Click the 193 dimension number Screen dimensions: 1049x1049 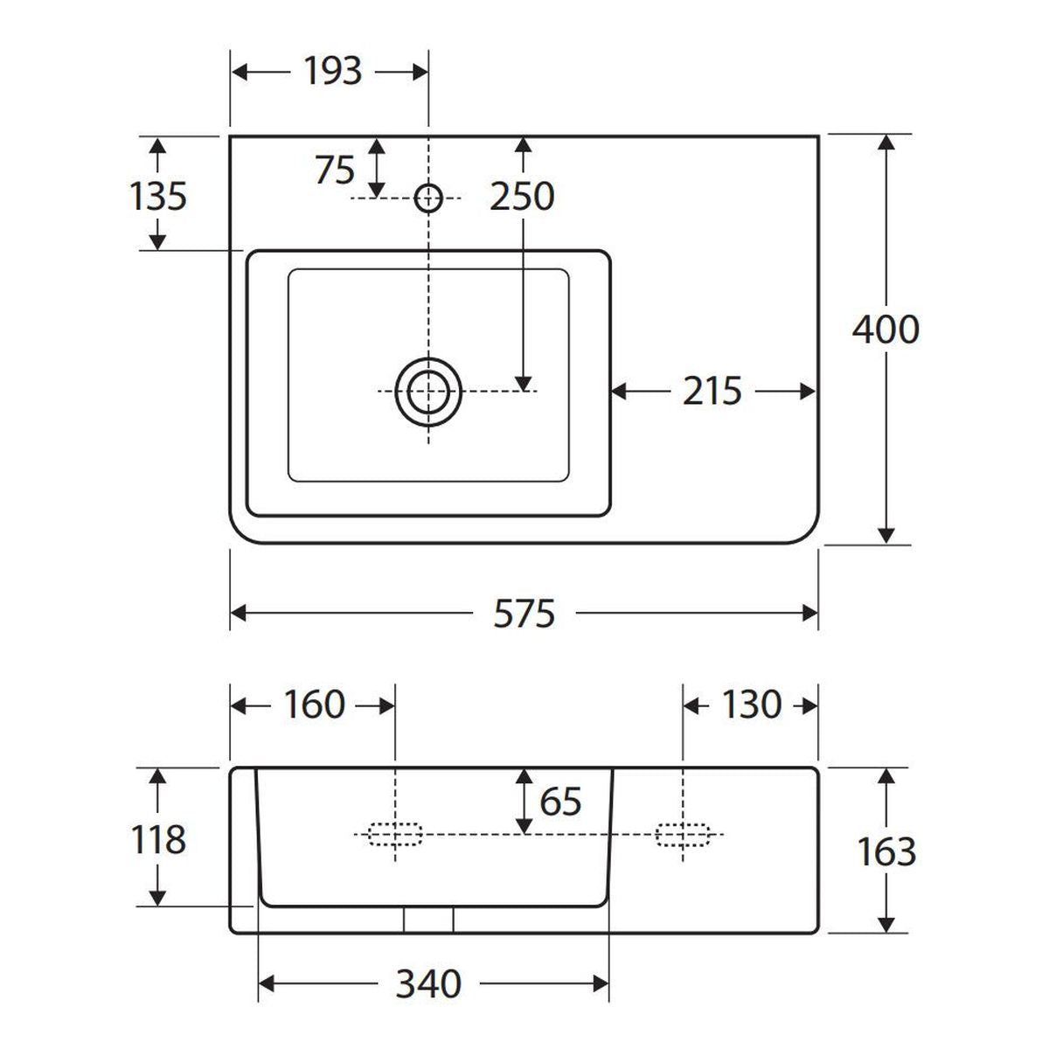click(332, 72)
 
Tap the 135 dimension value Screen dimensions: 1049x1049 click(158, 196)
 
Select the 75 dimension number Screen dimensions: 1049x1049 click(336, 170)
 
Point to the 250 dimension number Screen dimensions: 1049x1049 click(522, 196)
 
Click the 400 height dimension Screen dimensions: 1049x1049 click(886, 330)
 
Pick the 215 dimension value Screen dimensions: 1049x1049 click(712, 391)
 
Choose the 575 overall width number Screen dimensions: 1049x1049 click(524, 614)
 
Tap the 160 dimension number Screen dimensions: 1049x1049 click(315, 705)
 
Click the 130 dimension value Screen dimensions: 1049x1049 click(752, 705)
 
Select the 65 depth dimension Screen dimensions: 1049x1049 click(560, 802)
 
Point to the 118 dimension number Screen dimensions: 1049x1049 click(158, 839)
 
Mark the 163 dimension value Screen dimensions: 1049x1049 click(886, 852)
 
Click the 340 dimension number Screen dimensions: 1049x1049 click(428, 984)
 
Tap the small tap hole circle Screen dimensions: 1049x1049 click(428, 198)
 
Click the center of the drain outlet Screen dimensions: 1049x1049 click(428, 392)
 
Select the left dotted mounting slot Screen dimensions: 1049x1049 click(395, 834)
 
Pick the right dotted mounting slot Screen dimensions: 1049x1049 click(684, 834)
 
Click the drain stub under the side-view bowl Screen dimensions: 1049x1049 click(428, 920)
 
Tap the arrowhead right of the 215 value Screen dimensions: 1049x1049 click(808, 392)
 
